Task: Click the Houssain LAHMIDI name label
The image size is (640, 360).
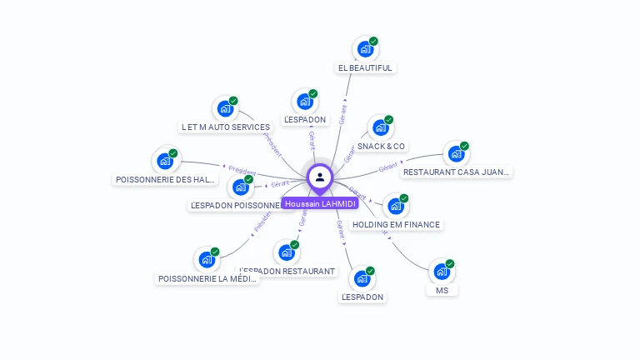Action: pyautogui.click(x=320, y=203)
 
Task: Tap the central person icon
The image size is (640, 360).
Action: pyautogui.click(x=320, y=177)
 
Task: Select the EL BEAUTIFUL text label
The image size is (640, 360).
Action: pyautogui.click(x=365, y=67)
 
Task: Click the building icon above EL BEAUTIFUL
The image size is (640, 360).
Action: pyautogui.click(x=365, y=49)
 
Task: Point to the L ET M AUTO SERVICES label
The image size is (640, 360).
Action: pyautogui.click(x=226, y=127)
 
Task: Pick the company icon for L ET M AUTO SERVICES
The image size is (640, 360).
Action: pyautogui.click(x=225, y=108)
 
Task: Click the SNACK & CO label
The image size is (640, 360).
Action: pyautogui.click(x=382, y=146)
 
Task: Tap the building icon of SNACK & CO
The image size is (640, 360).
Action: pyautogui.click(x=381, y=127)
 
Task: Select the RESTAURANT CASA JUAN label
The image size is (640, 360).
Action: pyautogui.click(x=455, y=172)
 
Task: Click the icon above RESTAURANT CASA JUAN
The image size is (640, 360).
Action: pyautogui.click(x=455, y=153)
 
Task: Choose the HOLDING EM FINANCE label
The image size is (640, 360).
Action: pyautogui.click(x=396, y=224)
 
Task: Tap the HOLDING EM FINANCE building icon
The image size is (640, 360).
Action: pyautogui.click(x=396, y=206)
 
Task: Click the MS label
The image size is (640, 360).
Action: pyautogui.click(x=442, y=290)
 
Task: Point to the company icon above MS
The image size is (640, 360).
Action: pyautogui.click(x=442, y=272)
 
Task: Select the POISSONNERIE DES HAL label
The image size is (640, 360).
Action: pyautogui.click(x=165, y=179)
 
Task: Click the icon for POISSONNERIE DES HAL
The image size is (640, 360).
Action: pyautogui.click(x=165, y=161)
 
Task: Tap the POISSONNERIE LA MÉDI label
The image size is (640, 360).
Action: pyautogui.click(x=207, y=278)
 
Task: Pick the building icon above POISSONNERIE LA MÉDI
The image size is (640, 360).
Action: pyautogui.click(x=207, y=260)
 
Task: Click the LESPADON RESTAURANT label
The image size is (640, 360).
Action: pyautogui.click(x=287, y=271)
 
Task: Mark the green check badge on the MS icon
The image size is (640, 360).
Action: pyautogui.click(x=450, y=264)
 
